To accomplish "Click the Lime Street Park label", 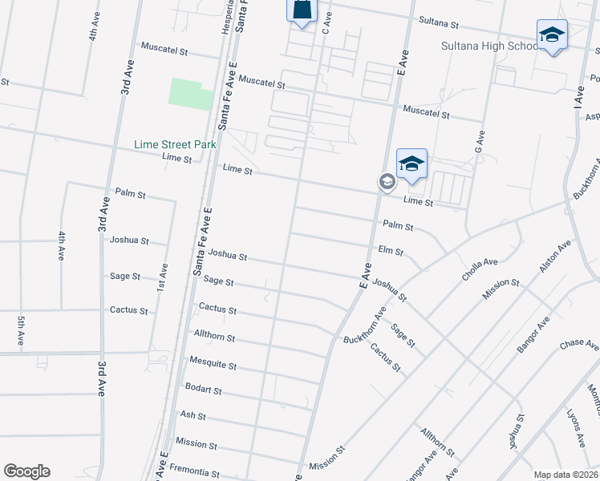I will (175, 144).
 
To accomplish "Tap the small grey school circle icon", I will (386, 183).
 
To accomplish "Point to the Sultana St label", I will (438, 25).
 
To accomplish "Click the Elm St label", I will (390, 251).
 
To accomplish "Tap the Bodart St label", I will (202, 390).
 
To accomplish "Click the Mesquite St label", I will (213, 365).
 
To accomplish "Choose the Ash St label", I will (193, 416).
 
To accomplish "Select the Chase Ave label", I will (579, 346).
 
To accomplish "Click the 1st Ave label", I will (164, 277).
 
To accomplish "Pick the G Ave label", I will (480, 143).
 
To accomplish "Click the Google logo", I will (26, 471).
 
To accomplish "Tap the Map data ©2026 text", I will (564, 475).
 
